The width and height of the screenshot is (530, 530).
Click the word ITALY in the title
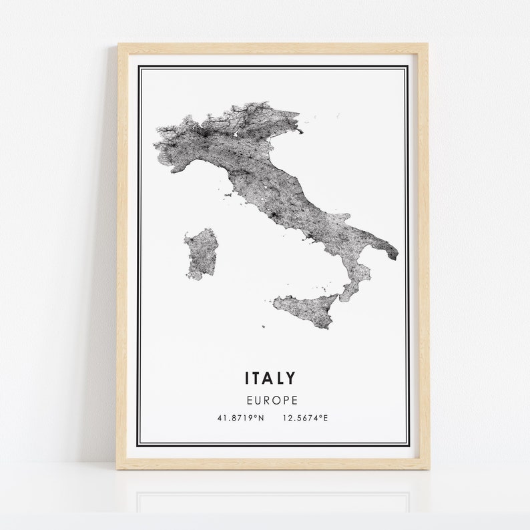click(x=270, y=378)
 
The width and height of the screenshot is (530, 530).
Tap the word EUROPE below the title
click(x=270, y=401)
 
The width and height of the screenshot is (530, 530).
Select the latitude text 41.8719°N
click(x=240, y=419)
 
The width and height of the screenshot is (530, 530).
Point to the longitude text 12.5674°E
click(x=305, y=419)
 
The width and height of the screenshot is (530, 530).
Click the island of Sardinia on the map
click(x=201, y=253)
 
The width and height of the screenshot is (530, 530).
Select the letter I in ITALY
click(x=247, y=378)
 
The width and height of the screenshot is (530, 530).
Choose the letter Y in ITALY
click(x=290, y=378)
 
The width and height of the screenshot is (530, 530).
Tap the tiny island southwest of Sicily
click(x=263, y=327)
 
